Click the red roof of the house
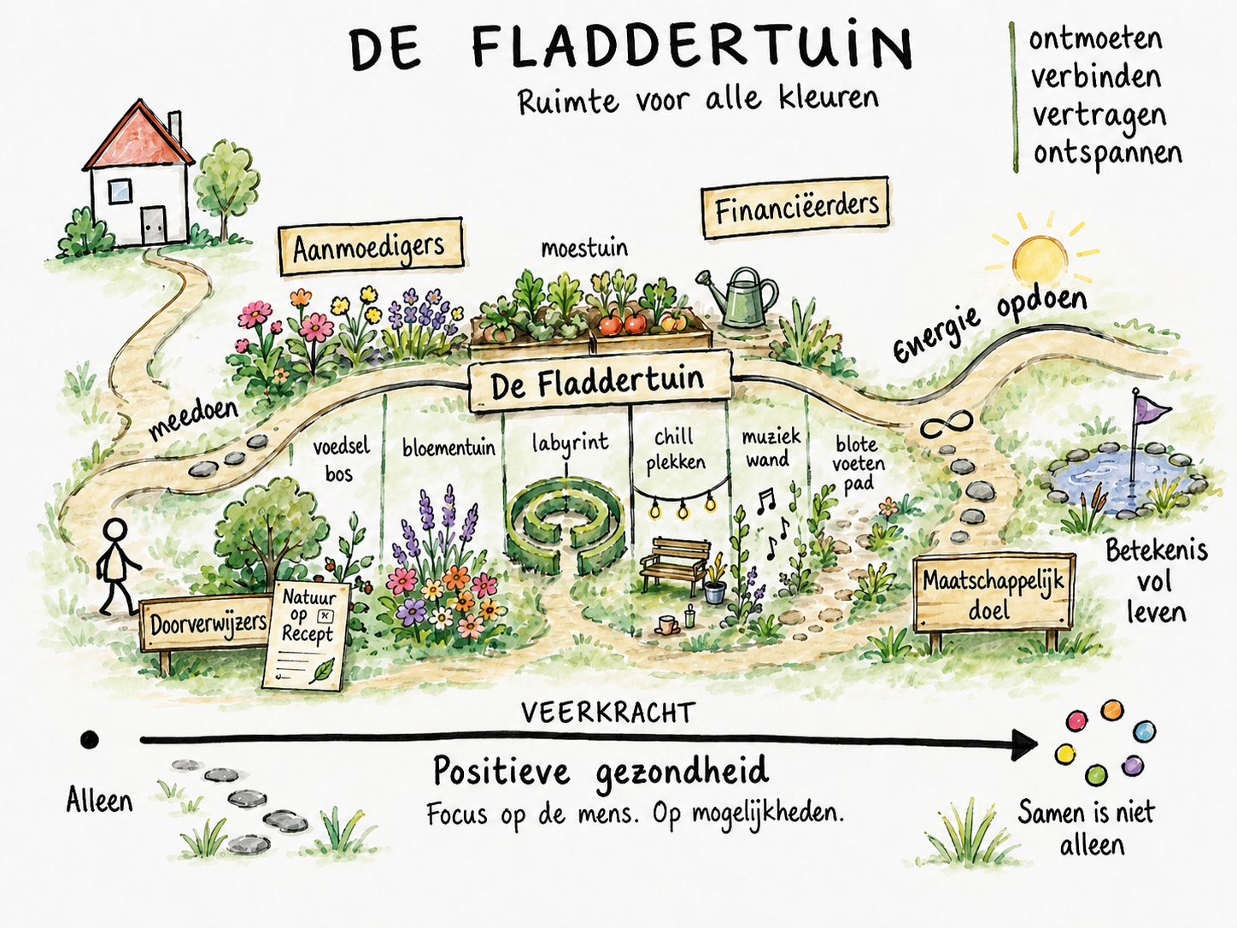click(x=138, y=138)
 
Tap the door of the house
click(x=153, y=226)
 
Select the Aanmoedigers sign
click(x=370, y=246)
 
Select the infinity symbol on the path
click(x=947, y=425)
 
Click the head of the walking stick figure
click(x=117, y=531)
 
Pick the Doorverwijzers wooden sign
click(x=206, y=623)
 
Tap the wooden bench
click(x=675, y=563)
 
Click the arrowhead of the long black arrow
click(x=1023, y=745)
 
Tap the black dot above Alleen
click(x=89, y=739)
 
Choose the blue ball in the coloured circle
click(x=1145, y=732)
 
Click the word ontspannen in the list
click(x=1107, y=153)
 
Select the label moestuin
click(x=584, y=249)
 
